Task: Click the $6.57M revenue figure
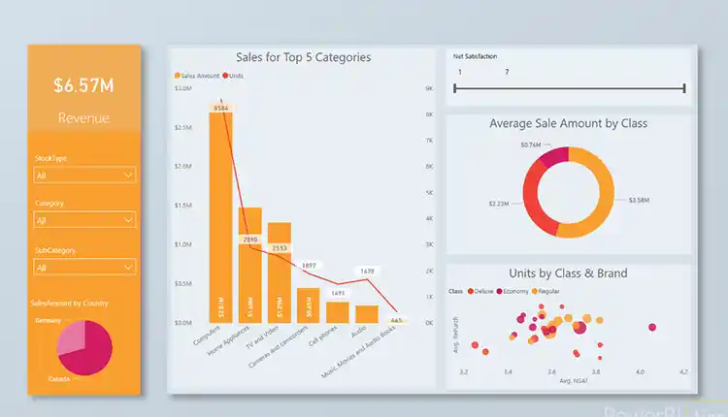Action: click(x=83, y=85)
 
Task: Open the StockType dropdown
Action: click(x=83, y=176)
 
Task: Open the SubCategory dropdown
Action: click(x=83, y=267)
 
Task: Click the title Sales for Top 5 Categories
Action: click(x=303, y=57)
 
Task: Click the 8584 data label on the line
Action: click(x=221, y=108)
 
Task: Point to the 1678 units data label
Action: click(x=367, y=272)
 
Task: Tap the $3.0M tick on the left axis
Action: click(x=182, y=88)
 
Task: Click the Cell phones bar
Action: click(x=337, y=311)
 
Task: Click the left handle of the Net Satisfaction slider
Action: click(x=454, y=88)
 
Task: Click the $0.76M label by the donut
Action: click(x=530, y=144)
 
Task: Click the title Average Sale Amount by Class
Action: click(x=568, y=123)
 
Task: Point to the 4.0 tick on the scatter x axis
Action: click(x=640, y=371)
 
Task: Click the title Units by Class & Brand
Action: click(x=568, y=273)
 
